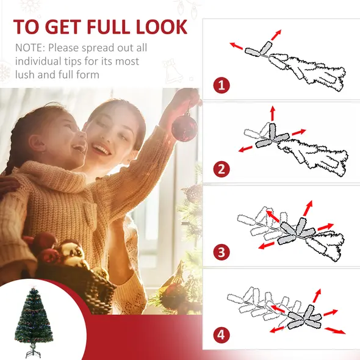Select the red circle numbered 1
[x=221, y=84]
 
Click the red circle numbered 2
[x=221, y=168]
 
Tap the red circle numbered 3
[x=221, y=251]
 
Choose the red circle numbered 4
[x=221, y=334]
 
